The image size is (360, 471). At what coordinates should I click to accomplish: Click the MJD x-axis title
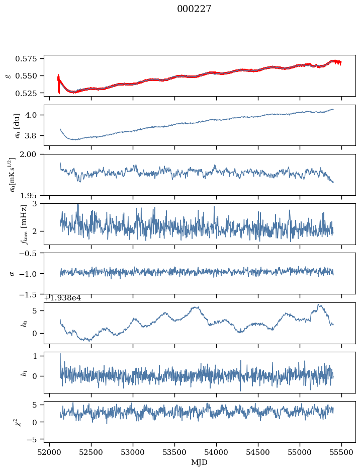click(200, 462)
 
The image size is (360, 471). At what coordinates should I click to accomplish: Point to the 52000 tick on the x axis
click(49, 452)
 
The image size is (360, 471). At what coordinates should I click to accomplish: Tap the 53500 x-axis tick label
click(174, 452)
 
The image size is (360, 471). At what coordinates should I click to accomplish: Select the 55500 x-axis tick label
click(342, 452)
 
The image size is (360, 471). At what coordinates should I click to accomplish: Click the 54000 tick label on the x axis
click(217, 452)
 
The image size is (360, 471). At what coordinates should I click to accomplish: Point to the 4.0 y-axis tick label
click(34, 115)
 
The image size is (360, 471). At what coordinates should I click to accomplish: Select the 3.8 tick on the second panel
click(34, 136)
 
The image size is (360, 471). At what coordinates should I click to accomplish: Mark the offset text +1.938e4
click(63, 298)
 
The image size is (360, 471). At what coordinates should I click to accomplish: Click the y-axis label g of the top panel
click(8, 75)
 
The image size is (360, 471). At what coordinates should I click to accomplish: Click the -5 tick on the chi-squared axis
click(34, 439)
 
